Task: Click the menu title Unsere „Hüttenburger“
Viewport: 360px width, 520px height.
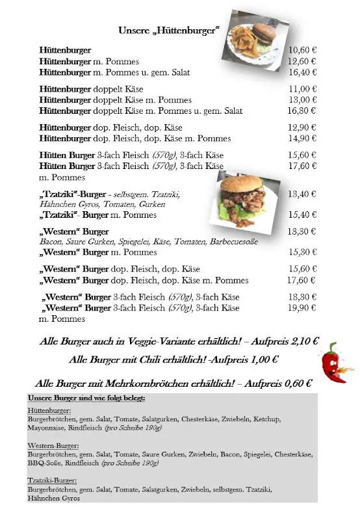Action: [168, 31]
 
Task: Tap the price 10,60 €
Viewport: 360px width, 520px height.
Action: [302, 49]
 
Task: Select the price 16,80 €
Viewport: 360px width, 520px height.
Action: [302, 110]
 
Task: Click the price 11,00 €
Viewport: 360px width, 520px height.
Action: [302, 88]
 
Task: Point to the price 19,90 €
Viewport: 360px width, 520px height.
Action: [302, 308]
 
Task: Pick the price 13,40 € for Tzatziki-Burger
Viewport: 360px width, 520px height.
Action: [302, 194]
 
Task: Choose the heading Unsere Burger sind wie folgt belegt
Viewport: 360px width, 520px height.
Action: [86, 398]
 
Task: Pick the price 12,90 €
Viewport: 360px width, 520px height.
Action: [302, 127]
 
